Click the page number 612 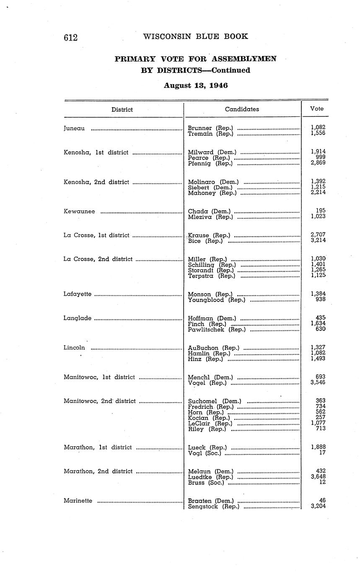tap(71, 37)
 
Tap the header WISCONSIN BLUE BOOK tap(196, 36)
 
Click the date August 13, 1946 tap(196, 85)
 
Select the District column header tap(122, 110)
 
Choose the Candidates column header tap(242, 109)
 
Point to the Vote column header tap(317, 108)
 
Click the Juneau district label tap(74, 128)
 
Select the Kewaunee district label tap(79, 212)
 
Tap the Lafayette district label tap(78, 294)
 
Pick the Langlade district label tap(78, 318)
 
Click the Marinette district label tap(78, 501)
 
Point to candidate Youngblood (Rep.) tap(217, 300)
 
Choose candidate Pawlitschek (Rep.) tap(217, 330)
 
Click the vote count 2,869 tap(318, 163)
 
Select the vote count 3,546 tap(318, 382)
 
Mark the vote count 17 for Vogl tap(322, 453)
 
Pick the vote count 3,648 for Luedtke tap(318, 477)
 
